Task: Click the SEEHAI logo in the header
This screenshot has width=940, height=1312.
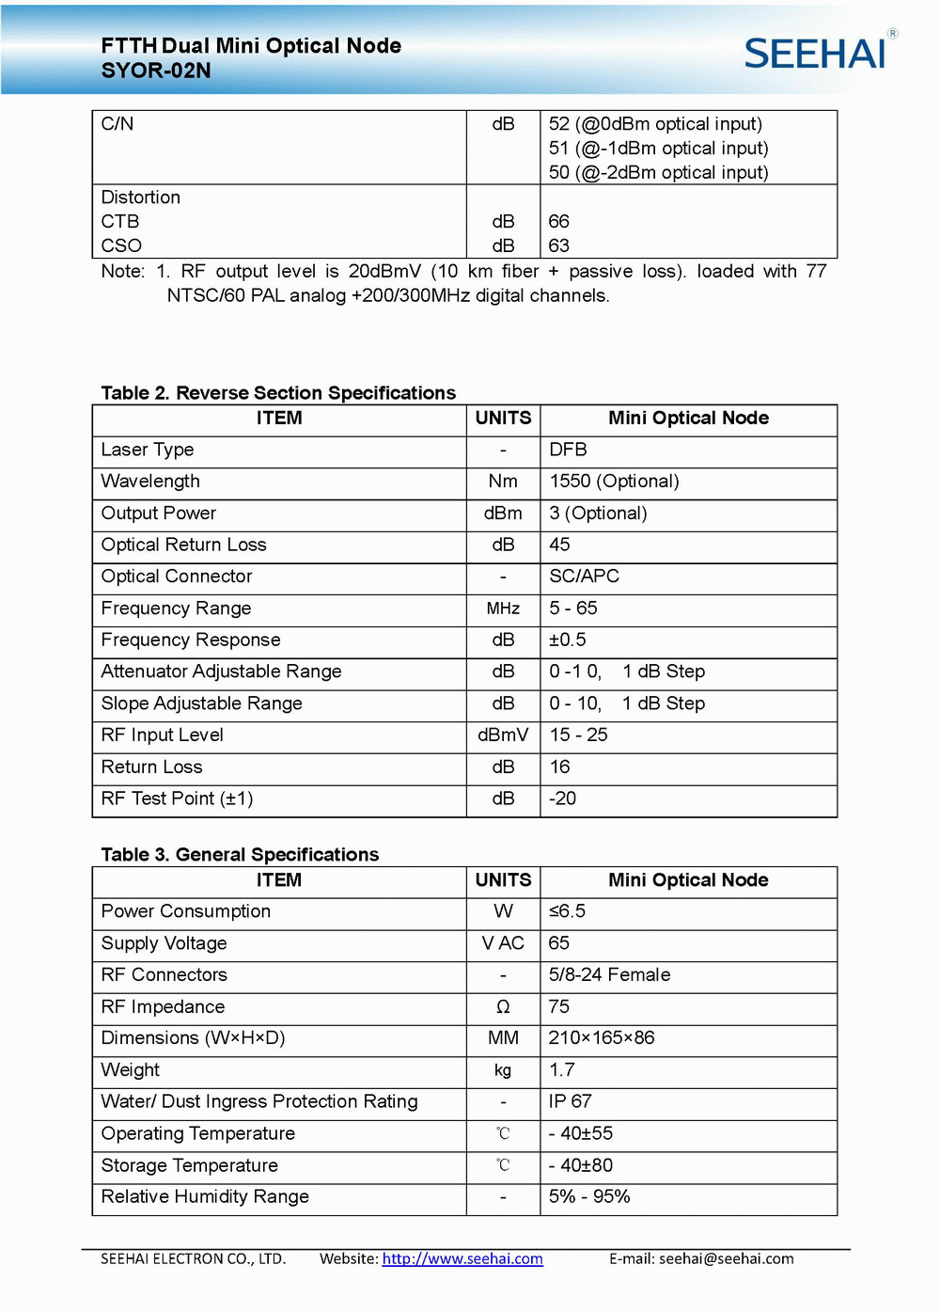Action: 816,53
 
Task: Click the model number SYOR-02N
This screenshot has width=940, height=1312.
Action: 156,71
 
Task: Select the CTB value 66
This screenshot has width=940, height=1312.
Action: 559,221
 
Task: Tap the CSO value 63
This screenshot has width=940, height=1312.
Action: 559,245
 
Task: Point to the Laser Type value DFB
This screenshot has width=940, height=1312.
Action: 568,450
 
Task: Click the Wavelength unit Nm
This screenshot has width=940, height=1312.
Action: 503,482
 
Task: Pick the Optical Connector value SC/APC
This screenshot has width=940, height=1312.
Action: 584,577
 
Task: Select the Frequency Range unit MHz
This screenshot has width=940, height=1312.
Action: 503,609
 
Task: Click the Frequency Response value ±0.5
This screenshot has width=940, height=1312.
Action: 568,640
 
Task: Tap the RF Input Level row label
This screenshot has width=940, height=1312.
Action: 163,735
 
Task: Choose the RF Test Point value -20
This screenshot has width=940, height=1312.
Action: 562,798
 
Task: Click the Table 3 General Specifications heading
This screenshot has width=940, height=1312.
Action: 240,854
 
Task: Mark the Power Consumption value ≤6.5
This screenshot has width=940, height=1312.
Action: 567,911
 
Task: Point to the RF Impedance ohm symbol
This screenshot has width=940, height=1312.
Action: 503,1007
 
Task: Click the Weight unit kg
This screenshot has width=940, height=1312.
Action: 503,1070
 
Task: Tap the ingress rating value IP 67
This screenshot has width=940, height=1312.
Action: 571,1101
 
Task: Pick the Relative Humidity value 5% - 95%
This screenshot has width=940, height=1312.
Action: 589,1196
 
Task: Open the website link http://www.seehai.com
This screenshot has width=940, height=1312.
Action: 462,1258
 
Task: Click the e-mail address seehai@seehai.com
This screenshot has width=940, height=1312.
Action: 726,1258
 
